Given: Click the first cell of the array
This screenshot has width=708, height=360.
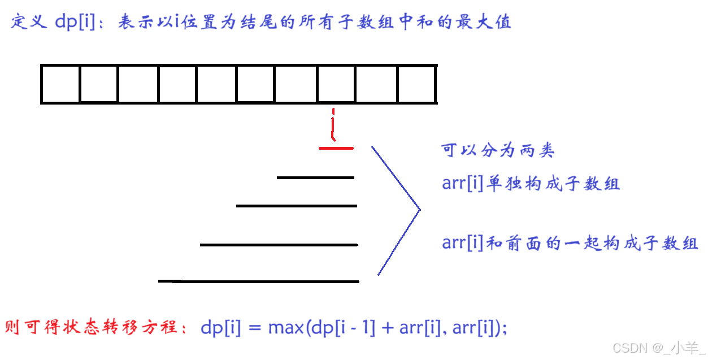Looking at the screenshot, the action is coord(60,84).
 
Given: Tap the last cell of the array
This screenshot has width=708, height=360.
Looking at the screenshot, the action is coord(417,84).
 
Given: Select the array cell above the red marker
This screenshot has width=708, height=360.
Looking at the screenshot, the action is coord(336,84).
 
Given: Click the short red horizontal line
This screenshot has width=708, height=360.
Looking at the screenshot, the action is coord(336,148).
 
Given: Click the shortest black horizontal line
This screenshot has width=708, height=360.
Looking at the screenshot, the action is coord(315,177).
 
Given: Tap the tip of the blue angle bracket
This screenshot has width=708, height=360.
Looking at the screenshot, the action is coord(420,210).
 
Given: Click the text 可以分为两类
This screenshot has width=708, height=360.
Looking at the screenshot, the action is coord(498,150).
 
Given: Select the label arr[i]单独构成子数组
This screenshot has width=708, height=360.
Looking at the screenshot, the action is coord(531,184).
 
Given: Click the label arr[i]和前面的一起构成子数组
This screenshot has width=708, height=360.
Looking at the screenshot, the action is coord(570,244).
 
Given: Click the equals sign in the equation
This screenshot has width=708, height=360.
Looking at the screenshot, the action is coord(254,328).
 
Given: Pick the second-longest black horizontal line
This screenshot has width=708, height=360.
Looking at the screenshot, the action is coord(279,245).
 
